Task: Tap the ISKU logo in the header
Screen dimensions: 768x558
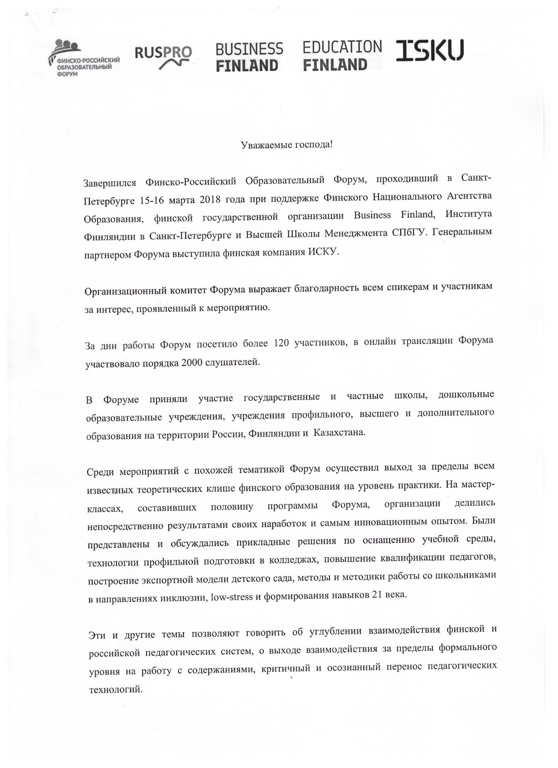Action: point(430,51)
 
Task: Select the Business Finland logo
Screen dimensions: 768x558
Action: point(249,57)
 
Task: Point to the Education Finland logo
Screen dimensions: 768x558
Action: point(342,56)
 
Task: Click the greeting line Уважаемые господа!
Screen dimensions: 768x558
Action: point(287,145)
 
